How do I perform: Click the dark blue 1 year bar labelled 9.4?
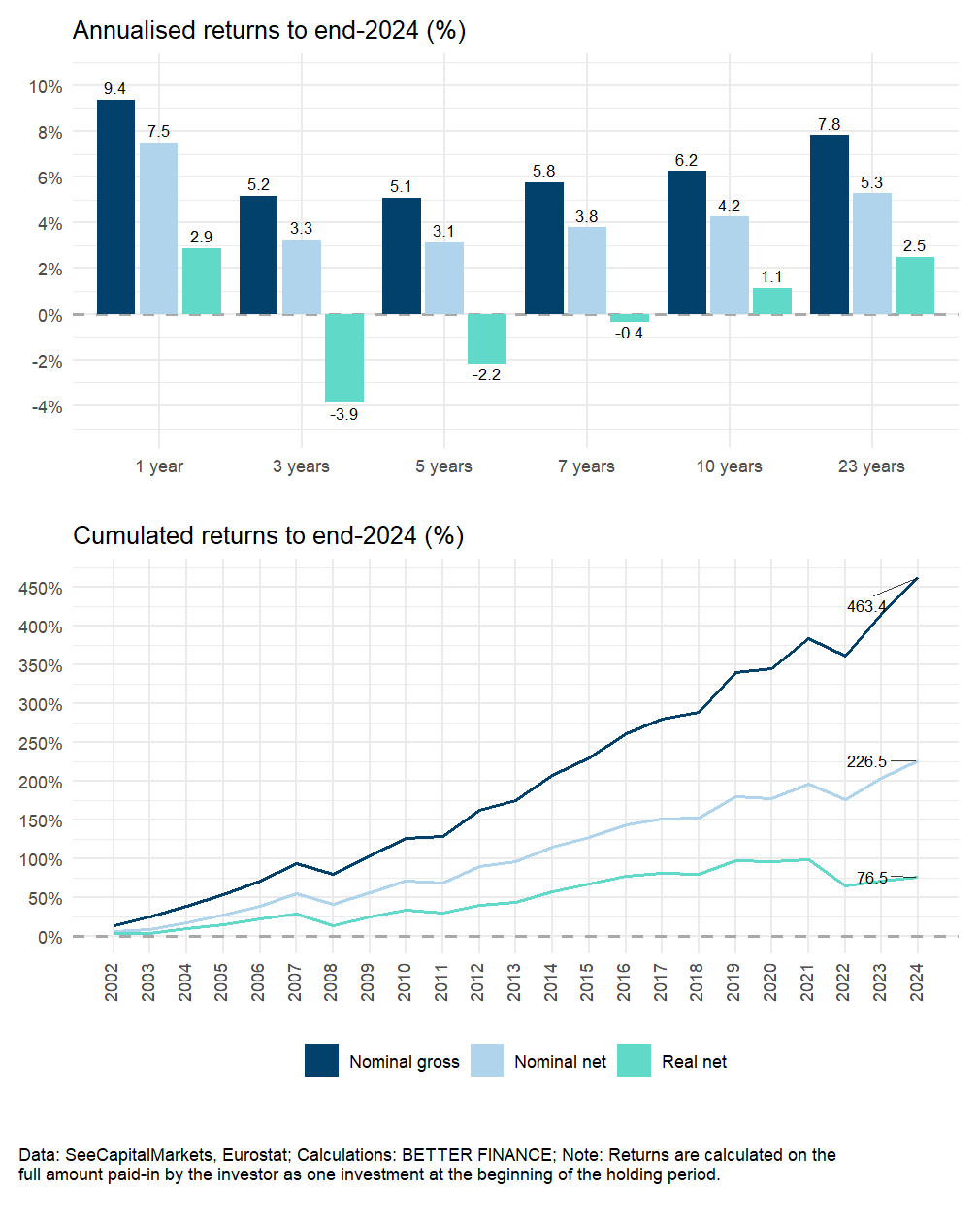tap(115, 207)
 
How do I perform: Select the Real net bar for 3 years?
tap(344, 358)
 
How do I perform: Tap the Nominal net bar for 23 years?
tap(871, 253)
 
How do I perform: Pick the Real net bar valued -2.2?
tap(487, 338)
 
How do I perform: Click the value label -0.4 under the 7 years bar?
tap(629, 334)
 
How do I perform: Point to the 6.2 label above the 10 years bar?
tap(686, 161)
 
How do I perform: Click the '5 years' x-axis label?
tap(443, 466)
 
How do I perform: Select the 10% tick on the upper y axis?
tap(46, 87)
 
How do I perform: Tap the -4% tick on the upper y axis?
tap(48, 407)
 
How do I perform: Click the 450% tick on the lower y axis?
tap(41, 589)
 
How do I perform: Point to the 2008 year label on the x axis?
tap(332, 982)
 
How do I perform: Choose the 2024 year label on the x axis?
tap(917, 982)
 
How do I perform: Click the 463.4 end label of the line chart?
tap(865, 607)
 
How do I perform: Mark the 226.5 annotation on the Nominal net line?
tap(866, 762)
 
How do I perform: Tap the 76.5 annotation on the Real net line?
tap(871, 879)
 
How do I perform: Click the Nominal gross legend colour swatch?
tap(321, 1061)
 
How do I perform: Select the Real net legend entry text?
tap(694, 1062)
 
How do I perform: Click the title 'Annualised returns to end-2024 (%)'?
tap(269, 31)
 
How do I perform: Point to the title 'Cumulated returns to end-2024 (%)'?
tap(268, 535)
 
